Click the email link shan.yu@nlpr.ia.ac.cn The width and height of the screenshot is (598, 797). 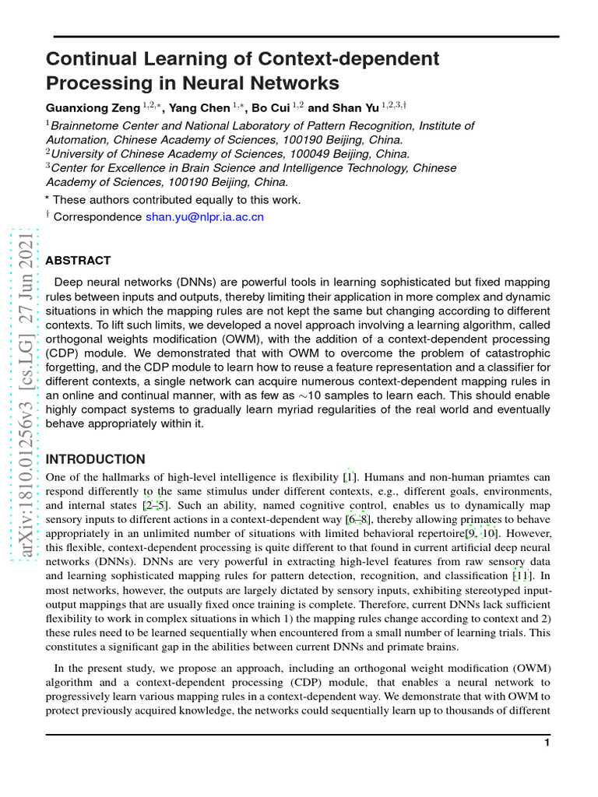(x=205, y=217)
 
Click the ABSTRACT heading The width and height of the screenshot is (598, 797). (x=78, y=261)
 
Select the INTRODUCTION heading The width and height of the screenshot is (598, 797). (x=96, y=459)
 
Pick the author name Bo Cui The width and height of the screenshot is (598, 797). (x=269, y=108)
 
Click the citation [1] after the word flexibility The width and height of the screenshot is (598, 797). (x=350, y=477)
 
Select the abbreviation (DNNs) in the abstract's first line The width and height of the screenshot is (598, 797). (x=177, y=282)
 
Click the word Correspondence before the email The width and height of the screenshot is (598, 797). (x=98, y=217)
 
